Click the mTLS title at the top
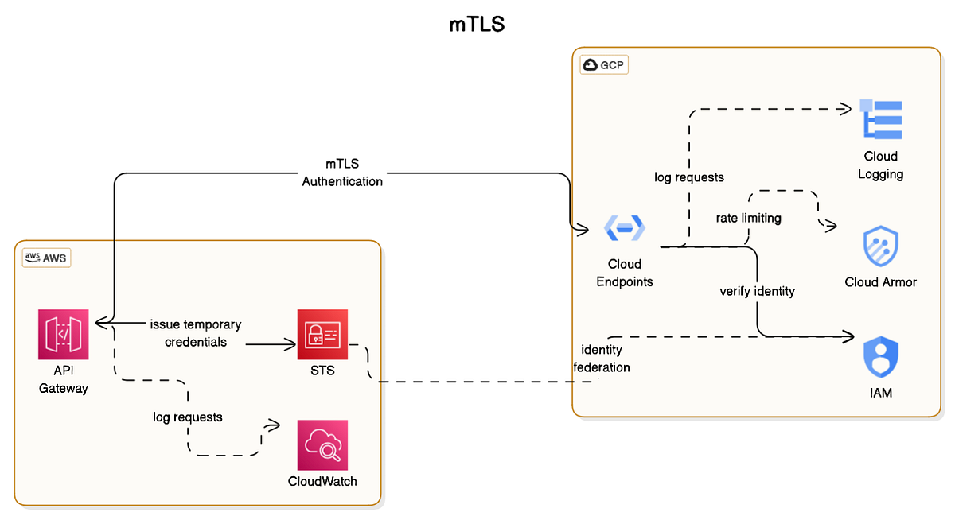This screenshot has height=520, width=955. [477, 25]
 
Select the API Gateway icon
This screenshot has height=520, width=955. [64, 335]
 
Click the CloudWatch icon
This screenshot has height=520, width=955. [322, 445]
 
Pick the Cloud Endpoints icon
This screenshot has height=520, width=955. [625, 228]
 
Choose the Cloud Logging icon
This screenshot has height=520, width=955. [880, 120]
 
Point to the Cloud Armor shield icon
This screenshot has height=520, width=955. [880, 247]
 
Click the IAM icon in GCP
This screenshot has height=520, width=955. [880, 358]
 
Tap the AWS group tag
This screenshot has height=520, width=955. [46, 257]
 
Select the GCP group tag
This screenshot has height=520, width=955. [604, 64]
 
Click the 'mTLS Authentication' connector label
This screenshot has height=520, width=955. [342, 173]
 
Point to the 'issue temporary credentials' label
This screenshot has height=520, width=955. [196, 333]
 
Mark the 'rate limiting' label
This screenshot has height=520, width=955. [749, 217]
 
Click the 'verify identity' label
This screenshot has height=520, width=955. [757, 291]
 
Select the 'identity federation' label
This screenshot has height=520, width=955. [602, 359]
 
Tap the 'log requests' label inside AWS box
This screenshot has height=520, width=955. [188, 417]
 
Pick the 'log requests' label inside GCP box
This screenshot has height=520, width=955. [689, 177]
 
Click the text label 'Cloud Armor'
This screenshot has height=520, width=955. [880, 282]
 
